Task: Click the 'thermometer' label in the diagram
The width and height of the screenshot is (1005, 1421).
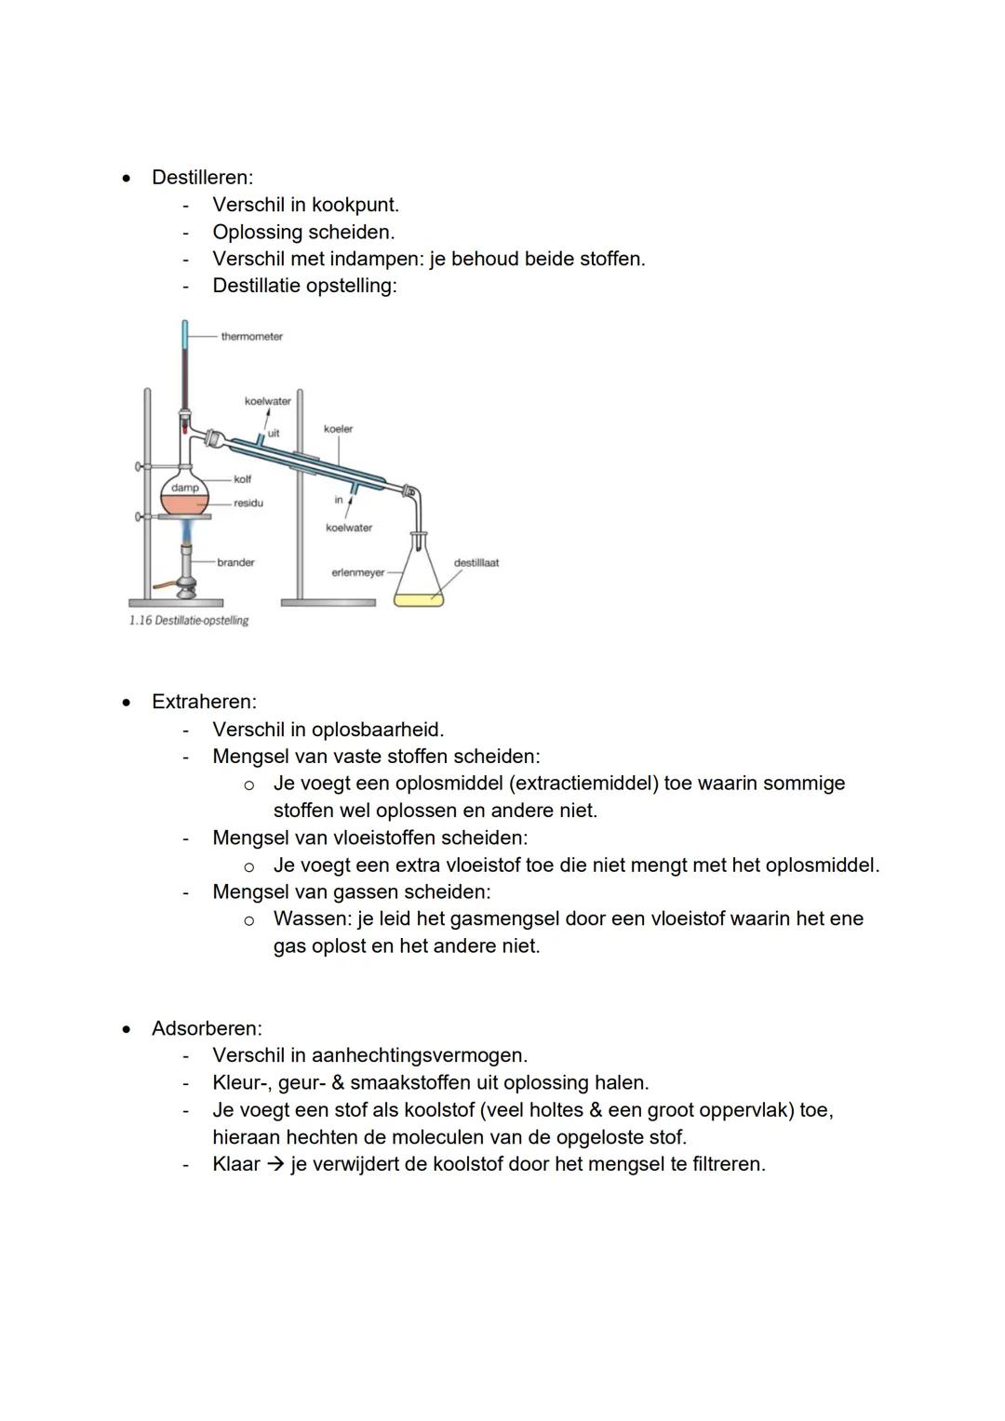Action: pyautogui.click(x=251, y=337)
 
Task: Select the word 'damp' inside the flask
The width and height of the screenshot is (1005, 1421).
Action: pyautogui.click(x=184, y=488)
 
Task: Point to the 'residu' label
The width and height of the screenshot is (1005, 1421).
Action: pyautogui.click(x=248, y=503)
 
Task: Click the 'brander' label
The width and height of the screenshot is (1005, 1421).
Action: pyautogui.click(x=235, y=562)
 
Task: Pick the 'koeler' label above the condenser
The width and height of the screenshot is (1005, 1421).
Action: pyautogui.click(x=338, y=429)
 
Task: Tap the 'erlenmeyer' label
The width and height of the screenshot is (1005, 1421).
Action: pyautogui.click(x=357, y=572)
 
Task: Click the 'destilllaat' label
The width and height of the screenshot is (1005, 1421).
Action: pyautogui.click(x=476, y=563)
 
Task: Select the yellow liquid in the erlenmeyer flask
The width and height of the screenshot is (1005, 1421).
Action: pyautogui.click(x=418, y=599)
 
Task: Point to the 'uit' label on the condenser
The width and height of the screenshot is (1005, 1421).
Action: pyautogui.click(x=274, y=433)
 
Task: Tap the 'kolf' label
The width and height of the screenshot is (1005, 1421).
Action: pyautogui.click(x=242, y=479)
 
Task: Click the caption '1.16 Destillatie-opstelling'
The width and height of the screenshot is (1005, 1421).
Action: pyautogui.click(x=189, y=621)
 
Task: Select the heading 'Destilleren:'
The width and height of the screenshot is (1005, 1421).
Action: pyautogui.click(x=202, y=177)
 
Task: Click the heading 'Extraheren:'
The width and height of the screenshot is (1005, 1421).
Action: pyautogui.click(x=204, y=702)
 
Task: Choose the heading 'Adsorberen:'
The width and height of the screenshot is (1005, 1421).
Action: pyautogui.click(x=207, y=1028)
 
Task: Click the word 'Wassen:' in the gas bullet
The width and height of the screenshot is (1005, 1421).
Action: pyautogui.click(x=312, y=918)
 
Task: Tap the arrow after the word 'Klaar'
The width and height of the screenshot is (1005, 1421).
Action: pyautogui.click(x=275, y=1164)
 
